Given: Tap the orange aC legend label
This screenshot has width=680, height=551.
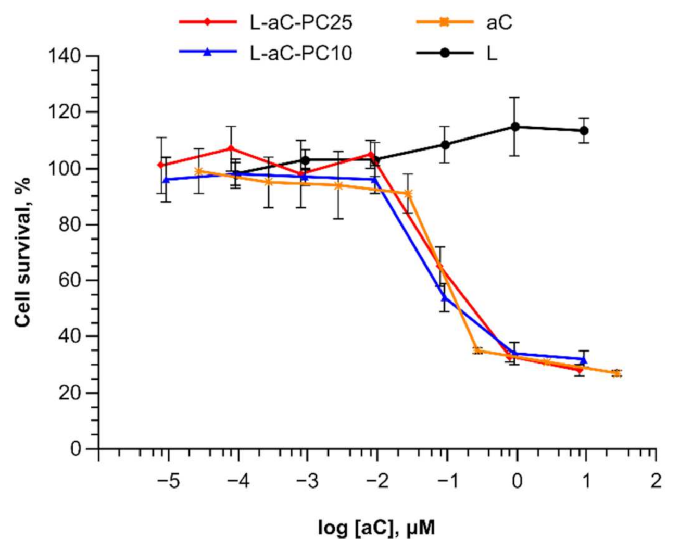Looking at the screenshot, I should pos(498,22).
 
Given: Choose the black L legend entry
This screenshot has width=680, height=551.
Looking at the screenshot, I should pos(492,53).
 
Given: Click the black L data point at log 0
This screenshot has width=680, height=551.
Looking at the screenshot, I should pos(515,127).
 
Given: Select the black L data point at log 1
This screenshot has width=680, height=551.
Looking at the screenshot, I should pos(584,130).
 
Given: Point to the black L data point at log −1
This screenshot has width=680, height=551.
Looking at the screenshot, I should pos(445,145).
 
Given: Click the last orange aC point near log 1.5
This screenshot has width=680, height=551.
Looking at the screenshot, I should pos(616,373).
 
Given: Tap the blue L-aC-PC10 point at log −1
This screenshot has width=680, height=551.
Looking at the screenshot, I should pos(444,297).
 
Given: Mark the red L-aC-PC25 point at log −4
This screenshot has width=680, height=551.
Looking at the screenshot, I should pos(231,148).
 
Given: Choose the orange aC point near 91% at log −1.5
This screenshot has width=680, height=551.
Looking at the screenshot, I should pos(408,194).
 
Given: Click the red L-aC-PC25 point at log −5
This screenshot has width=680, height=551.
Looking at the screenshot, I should pos(161,165).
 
